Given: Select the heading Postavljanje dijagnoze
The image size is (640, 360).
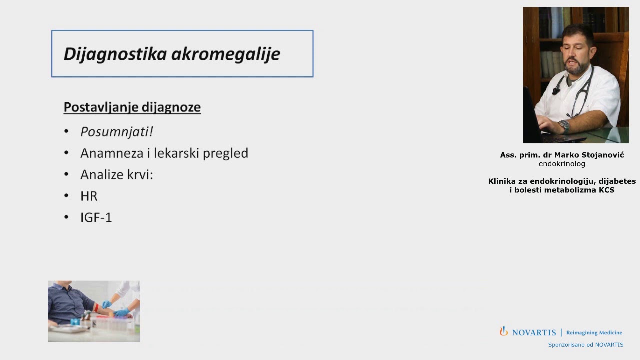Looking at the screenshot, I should [132, 107].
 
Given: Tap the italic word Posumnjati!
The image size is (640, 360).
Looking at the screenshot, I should [116, 132].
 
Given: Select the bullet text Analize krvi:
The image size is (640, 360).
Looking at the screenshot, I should [116, 175].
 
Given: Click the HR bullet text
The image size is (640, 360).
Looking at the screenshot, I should [89, 196].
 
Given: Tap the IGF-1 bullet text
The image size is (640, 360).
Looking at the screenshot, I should [96, 218].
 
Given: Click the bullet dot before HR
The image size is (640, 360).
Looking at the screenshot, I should [66, 195].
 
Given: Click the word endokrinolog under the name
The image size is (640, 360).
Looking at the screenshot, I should [562, 164].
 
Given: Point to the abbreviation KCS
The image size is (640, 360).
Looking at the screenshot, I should [606, 190].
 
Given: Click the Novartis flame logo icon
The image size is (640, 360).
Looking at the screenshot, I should [504, 331].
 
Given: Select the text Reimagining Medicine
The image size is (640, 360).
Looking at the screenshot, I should [594, 333].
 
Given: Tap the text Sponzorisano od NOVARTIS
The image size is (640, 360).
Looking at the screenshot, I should [585, 345].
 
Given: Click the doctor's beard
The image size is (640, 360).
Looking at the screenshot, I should [578, 67].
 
